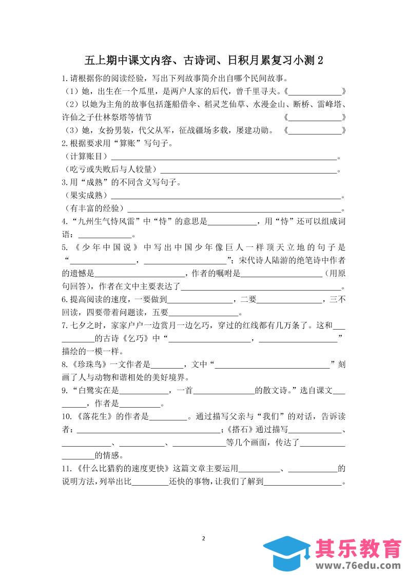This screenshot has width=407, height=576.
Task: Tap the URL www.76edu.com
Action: pyautogui.click(x=357, y=565)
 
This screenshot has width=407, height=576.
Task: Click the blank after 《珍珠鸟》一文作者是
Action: pyautogui.click(x=167, y=365)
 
